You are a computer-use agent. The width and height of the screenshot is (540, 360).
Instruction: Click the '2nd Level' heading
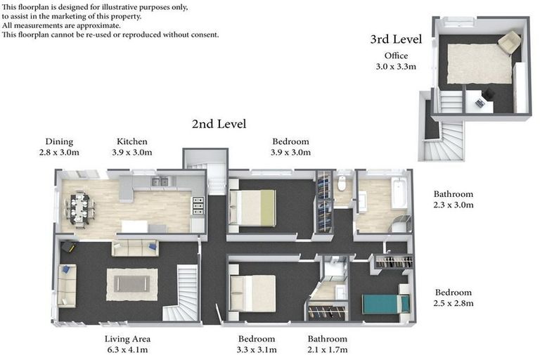click(x=219, y=124)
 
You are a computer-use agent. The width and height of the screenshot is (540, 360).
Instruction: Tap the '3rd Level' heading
click(x=396, y=39)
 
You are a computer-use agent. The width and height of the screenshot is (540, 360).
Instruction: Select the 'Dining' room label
click(x=59, y=141)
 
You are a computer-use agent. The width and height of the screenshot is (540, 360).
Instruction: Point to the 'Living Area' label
click(x=127, y=339)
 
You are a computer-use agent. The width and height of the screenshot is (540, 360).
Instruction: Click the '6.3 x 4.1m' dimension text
click(x=127, y=349)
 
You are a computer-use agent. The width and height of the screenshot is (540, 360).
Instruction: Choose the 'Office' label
click(x=396, y=56)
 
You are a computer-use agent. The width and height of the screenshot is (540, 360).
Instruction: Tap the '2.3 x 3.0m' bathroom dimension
click(x=454, y=205)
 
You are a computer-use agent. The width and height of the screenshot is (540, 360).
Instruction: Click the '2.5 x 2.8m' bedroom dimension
click(x=454, y=304)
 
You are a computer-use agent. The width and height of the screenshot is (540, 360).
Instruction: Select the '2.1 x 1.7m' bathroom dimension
click(x=328, y=349)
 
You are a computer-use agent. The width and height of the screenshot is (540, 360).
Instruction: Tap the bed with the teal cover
click(x=385, y=304)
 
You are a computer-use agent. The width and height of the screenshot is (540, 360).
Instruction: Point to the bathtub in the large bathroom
click(x=399, y=193)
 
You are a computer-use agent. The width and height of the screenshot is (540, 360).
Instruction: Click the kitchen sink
click(x=160, y=181)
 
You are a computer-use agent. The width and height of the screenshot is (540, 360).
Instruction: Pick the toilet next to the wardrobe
click(x=342, y=184)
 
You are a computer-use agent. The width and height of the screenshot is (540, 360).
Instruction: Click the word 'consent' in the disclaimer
click(x=204, y=34)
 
